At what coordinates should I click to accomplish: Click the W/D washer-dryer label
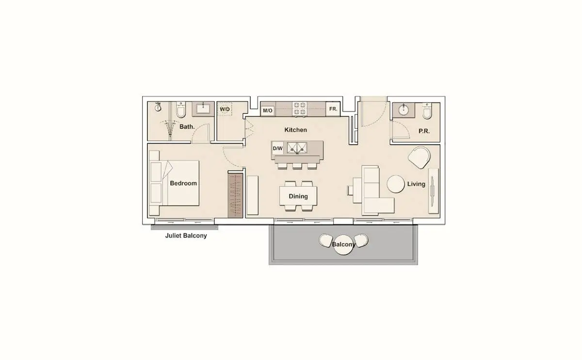click(225, 109)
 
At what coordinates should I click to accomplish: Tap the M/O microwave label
click(268, 111)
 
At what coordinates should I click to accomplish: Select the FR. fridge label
click(333, 109)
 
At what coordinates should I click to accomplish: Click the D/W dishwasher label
click(277, 148)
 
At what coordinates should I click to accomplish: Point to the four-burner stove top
click(299, 109)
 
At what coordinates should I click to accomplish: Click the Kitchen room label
click(296, 130)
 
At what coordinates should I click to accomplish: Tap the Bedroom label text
click(183, 183)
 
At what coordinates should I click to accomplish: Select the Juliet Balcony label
click(186, 235)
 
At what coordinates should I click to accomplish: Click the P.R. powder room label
click(424, 131)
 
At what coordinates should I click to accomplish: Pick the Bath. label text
click(187, 127)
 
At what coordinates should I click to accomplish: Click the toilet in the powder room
click(427, 111)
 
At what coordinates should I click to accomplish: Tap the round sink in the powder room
click(404, 110)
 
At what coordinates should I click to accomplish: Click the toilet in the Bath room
click(180, 110)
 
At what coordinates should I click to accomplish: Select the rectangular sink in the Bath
click(203, 109)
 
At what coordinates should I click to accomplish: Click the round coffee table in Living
click(396, 184)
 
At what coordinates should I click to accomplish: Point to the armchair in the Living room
click(419, 158)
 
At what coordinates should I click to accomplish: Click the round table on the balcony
click(343, 245)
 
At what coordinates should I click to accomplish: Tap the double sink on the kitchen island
click(297, 147)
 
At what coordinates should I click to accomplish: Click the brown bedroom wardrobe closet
click(235, 196)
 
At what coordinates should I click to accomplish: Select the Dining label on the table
click(298, 196)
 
